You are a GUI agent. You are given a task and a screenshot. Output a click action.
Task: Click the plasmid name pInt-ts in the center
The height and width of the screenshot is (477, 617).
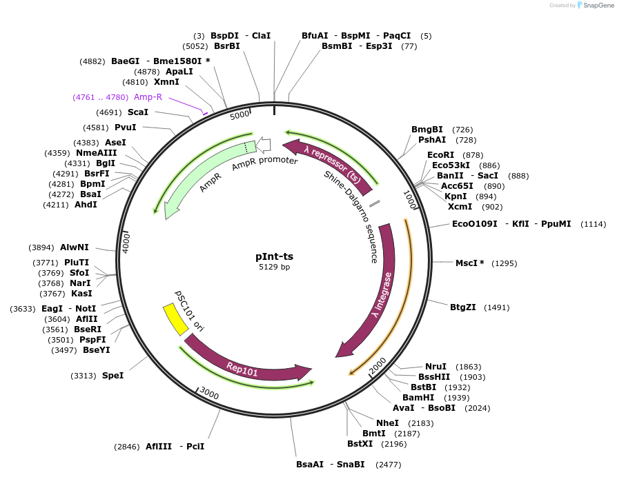[274, 256]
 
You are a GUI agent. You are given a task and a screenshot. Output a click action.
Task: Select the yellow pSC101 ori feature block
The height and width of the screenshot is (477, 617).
[175, 319]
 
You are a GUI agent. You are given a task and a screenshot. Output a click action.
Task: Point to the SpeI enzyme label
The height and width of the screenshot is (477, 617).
[113, 376]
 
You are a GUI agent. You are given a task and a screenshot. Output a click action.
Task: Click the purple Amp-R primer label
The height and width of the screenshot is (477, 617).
[148, 97]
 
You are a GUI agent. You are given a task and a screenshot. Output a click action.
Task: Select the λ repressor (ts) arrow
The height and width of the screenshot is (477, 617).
[331, 162]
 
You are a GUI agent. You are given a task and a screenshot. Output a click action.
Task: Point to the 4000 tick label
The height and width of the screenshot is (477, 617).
[126, 242]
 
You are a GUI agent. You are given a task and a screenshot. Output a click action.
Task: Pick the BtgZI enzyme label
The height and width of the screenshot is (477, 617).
[463, 307]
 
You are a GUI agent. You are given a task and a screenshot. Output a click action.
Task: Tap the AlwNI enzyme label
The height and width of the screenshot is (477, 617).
[75, 247]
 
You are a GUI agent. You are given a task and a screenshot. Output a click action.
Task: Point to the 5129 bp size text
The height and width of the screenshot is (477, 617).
[274, 267]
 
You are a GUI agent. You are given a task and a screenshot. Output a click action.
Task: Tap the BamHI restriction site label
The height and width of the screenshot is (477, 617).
[418, 398]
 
